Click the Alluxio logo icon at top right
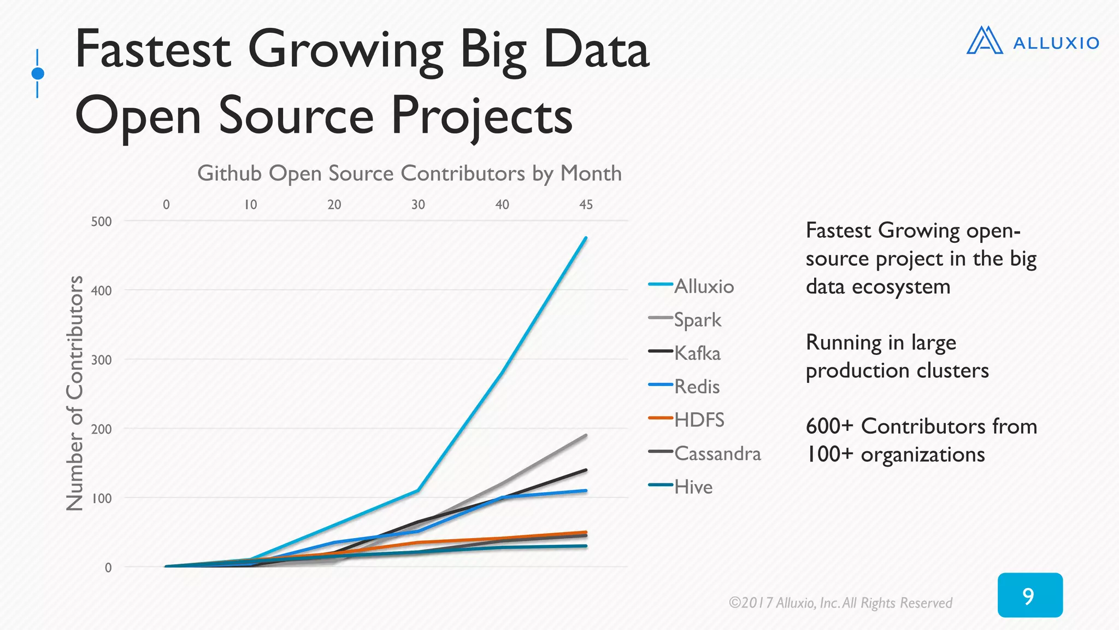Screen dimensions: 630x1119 pyautogui.click(x=985, y=41)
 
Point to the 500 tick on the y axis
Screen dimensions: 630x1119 pyautogui.click(x=101, y=221)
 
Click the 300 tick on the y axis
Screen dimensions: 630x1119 pyautogui.click(x=101, y=360)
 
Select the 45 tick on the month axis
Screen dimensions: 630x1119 pyautogui.click(x=586, y=205)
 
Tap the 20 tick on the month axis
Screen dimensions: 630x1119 pyautogui.click(x=334, y=205)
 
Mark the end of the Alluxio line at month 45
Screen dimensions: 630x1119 pyautogui.click(x=586, y=238)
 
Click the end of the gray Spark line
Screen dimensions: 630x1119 pyautogui.click(x=586, y=435)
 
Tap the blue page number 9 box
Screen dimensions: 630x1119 pyautogui.click(x=1029, y=595)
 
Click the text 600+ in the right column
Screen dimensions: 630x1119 pyautogui.click(x=829, y=426)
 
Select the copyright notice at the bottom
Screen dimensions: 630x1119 pyautogui.click(x=840, y=603)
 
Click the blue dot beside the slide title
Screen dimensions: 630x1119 pyautogui.click(x=38, y=73)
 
